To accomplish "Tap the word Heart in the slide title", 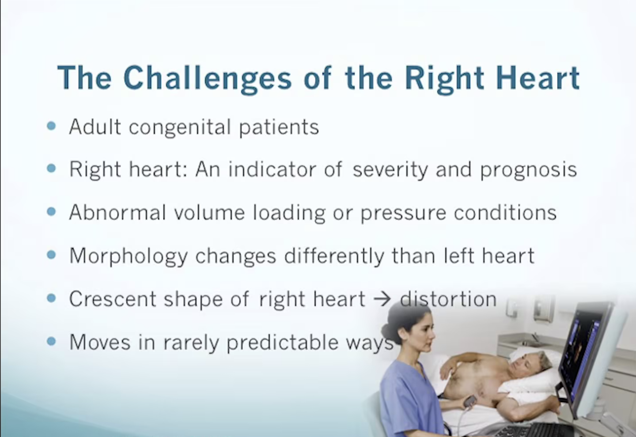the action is coord(538,78).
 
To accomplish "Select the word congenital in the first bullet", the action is coord(180,128).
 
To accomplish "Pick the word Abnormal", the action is coord(117,212).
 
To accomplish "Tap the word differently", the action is coord(334,256).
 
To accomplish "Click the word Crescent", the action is coord(113,299).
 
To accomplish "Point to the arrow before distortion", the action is coord(382,300).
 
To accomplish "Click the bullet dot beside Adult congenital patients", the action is coord(51,126).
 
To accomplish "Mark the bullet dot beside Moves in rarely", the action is coord(51,341).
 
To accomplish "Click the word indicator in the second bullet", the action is coord(272,170).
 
